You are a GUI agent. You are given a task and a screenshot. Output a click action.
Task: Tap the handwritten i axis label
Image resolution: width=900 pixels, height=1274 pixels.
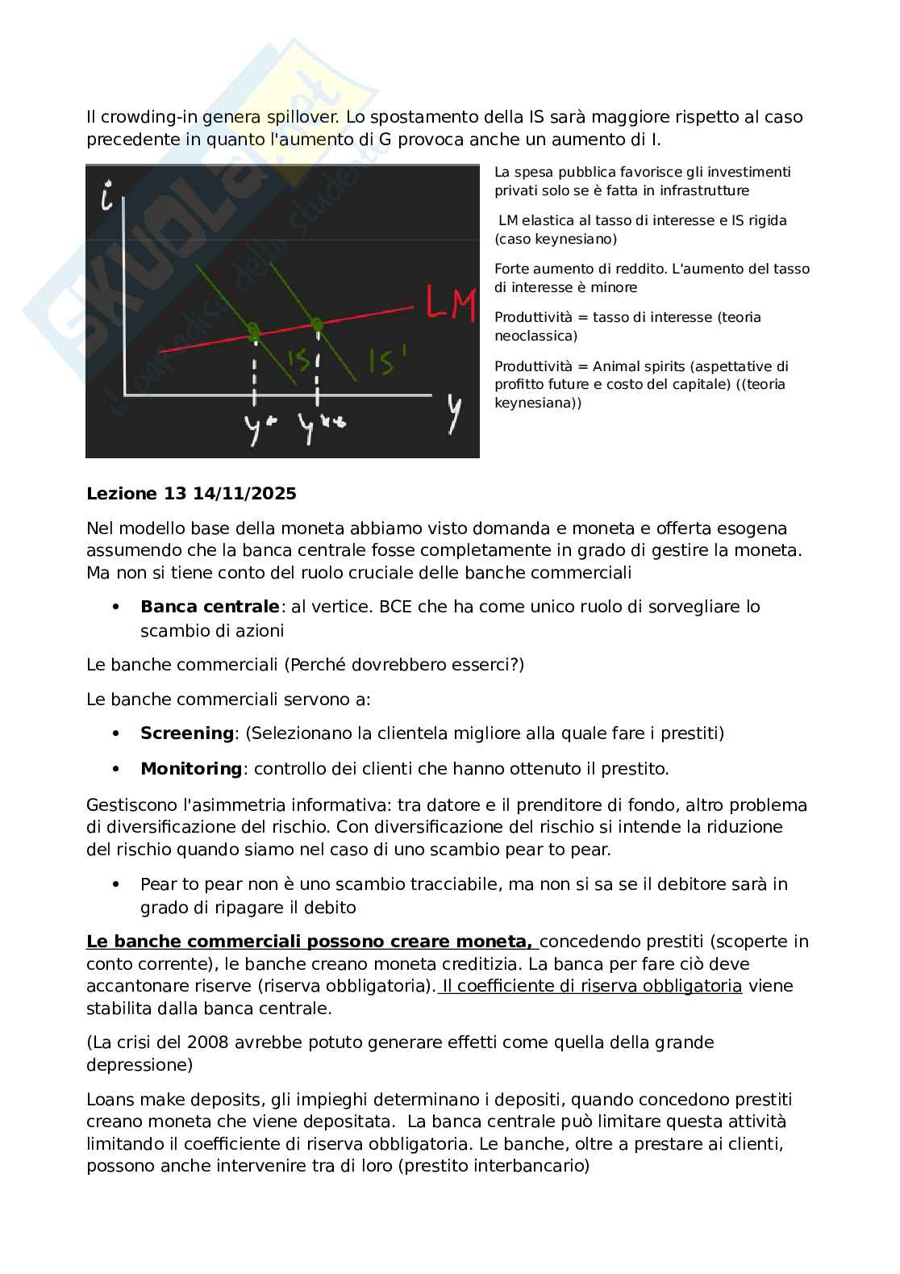(106, 197)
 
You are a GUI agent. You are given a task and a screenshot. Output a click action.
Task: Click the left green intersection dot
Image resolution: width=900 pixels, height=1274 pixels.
(254, 332)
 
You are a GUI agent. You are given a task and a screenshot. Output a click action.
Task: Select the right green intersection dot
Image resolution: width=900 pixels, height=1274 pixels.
(317, 324)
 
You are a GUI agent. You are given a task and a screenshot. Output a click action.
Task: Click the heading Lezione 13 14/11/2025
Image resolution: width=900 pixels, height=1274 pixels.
(191, 494)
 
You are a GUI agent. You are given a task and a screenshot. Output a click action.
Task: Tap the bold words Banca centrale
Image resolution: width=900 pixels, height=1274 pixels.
(210, 607)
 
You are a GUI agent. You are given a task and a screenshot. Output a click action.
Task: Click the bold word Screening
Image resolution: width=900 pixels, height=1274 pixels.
(186, 733)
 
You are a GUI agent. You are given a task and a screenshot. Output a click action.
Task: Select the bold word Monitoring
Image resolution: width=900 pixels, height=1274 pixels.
(190, 769)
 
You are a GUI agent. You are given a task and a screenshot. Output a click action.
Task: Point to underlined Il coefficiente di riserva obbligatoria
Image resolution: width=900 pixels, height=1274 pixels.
(591, 986)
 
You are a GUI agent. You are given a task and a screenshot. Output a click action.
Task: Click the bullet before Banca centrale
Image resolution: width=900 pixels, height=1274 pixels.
(116, 607)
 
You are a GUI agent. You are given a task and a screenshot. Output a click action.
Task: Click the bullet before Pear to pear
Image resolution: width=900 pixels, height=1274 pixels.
(116, 884)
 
